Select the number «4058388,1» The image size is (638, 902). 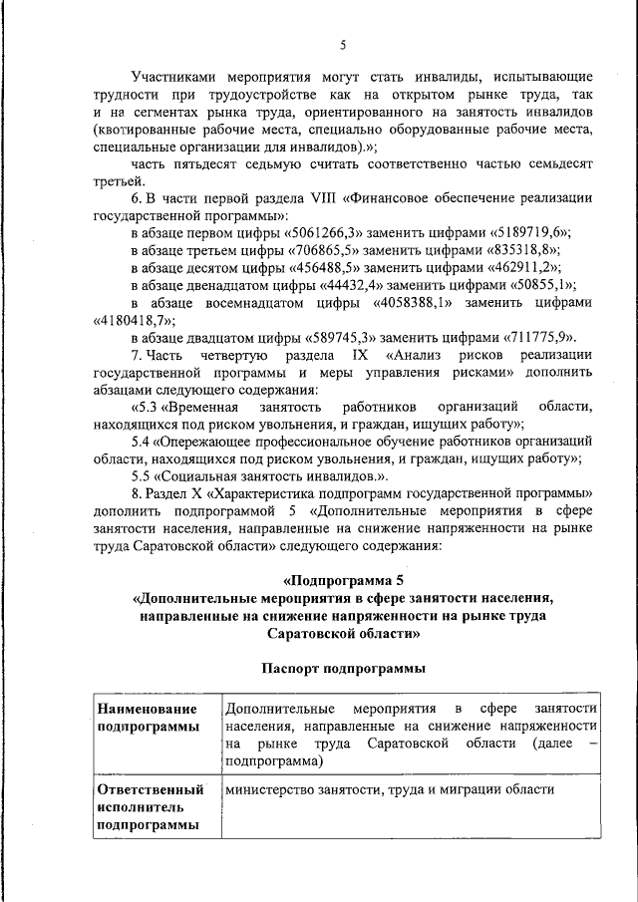(413, 303)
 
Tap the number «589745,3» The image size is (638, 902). (336, 339)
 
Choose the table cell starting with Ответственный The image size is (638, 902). (155, 807)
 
